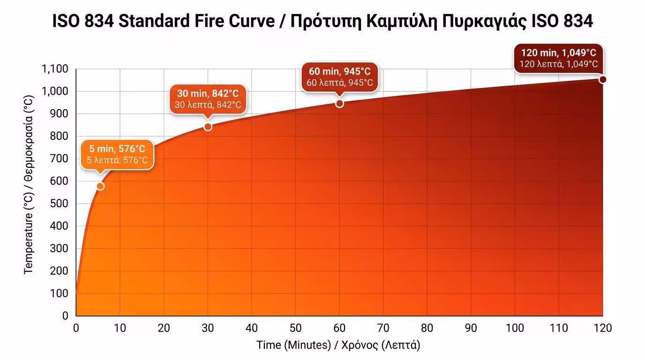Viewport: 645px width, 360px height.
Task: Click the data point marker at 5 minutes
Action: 100,187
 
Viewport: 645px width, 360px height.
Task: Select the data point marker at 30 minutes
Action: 208,127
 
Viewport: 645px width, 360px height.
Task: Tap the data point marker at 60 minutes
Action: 340,104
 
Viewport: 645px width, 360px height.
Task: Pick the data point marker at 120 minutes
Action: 603,80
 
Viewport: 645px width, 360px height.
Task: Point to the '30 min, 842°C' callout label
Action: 208,99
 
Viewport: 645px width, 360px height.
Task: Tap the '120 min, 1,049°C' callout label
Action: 558,58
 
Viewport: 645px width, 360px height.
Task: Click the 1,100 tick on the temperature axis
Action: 55,69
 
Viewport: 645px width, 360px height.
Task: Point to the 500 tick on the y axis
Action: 59,204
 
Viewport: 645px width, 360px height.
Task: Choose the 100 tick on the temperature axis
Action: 59,293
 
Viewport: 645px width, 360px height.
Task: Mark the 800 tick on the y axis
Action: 59,136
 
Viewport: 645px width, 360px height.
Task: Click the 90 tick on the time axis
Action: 471,328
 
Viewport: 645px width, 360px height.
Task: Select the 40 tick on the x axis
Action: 252,328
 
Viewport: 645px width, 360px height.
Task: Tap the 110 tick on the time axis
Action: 559,328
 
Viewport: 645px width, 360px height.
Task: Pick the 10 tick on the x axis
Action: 120,328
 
